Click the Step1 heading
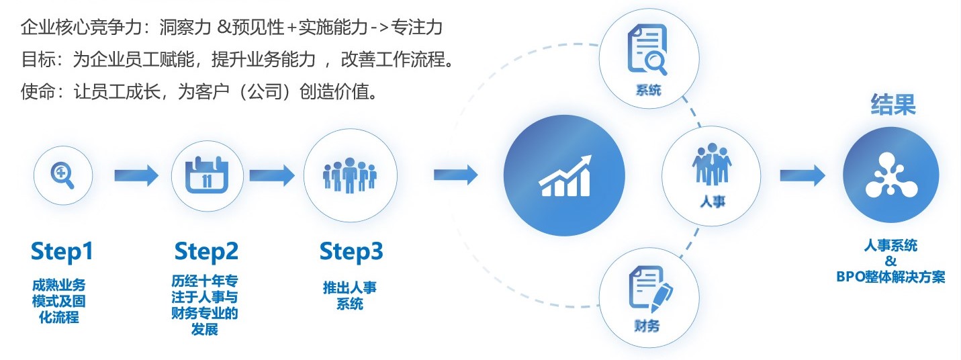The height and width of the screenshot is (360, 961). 62,252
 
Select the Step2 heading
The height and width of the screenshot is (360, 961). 206,252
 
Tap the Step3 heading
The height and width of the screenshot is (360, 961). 351,252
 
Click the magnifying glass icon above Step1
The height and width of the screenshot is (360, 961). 62,175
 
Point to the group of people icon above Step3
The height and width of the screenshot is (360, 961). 350,175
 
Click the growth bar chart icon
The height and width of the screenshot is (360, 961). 564,177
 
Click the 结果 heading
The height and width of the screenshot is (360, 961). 893,105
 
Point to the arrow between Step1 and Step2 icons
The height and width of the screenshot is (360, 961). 136,176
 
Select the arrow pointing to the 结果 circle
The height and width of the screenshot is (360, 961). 802,176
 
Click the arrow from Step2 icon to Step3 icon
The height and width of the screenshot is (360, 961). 272,176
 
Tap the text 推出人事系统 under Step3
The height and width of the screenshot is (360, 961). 350,296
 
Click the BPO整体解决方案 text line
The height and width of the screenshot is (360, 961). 890,277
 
